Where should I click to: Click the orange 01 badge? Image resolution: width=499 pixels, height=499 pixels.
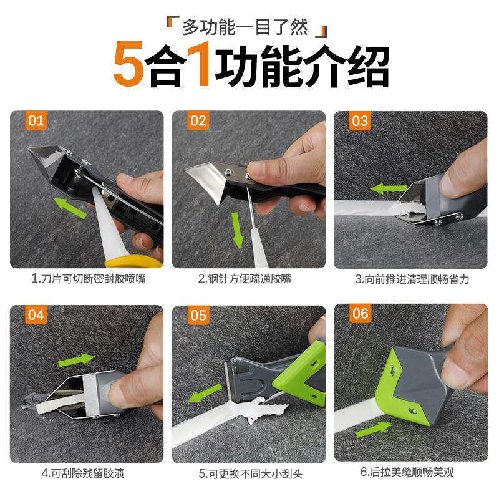(36, 120)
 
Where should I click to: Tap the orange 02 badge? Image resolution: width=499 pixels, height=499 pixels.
(198, 120)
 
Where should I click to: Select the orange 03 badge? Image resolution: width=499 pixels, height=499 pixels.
(360, 120)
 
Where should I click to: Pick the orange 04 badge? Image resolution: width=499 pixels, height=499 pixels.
(36, 315)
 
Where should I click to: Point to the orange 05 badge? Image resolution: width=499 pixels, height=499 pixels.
(198, 315)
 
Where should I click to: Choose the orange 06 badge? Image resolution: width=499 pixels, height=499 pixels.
(361, 314)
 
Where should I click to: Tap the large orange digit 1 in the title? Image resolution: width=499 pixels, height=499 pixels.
(199, 64)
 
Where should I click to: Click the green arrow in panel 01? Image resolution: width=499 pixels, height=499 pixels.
(70, 208)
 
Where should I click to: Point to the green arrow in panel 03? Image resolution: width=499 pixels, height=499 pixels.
(389, 189)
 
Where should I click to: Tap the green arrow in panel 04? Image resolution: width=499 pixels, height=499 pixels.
(76, 359)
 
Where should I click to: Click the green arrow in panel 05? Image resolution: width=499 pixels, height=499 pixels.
(205, 393)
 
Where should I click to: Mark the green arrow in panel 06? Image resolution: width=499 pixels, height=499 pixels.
(374, 429)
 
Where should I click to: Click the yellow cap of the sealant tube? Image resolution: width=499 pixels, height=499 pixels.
(133, 261)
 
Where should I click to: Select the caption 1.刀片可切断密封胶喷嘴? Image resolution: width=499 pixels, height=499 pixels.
(89, 279)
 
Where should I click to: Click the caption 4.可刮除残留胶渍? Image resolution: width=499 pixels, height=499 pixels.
(83, 473)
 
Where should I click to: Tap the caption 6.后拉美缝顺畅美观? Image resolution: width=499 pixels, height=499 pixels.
(407, 472)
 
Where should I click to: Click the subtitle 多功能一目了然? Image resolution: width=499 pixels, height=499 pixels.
(245, 27)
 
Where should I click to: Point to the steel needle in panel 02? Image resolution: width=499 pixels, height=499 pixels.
(249, 206)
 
